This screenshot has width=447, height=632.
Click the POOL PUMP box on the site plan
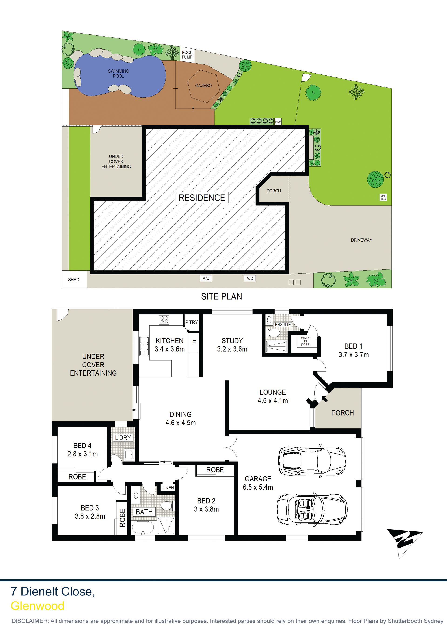click(x=187, y=55)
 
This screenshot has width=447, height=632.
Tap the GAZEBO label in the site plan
click(x=203, y=86)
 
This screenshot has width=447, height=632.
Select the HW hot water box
click(x=278, y=122)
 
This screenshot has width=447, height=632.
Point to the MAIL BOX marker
click(x=383, y=197)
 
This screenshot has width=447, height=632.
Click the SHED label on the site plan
click(x=74, y=280)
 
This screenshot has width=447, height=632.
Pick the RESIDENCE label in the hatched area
click(x=202, y=198)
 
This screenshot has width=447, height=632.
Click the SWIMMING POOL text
click(x=119, y=74)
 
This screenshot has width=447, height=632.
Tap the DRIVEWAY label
click(x=361, y=240)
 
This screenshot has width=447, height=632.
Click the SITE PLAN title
click(x=221, y=296)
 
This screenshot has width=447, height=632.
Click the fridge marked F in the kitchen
click(x=194, y=343)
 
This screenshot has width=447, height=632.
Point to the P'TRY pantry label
click(x=191, y=322)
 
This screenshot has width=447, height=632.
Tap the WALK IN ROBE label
click(x=305, y=341)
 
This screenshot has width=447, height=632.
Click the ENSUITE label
click(x=283, y=325)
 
